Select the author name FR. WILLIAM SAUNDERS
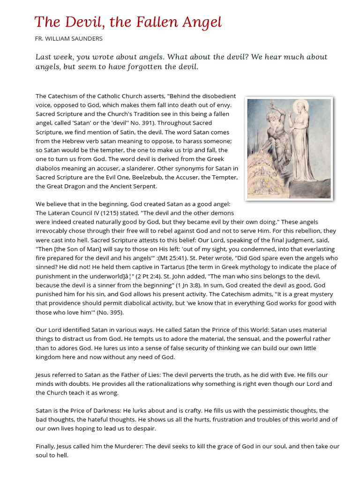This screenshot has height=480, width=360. coord(69,38)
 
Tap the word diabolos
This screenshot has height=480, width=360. coord(50,168)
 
